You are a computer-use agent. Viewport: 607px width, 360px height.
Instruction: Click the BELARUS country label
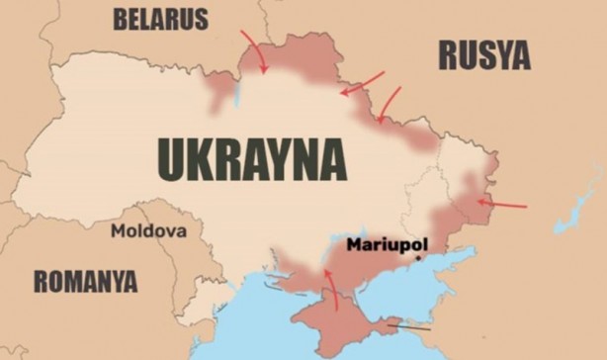pyautogui.click(x=161, y=19)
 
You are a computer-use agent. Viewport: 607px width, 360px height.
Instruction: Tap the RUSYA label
pyautogui.click(x=484, y=55)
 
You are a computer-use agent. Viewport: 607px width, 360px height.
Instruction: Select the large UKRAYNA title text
pyautogui.click(x=252, y=158)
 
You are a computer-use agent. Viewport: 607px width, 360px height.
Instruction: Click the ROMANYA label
pyautogui.click(x=85, y=281)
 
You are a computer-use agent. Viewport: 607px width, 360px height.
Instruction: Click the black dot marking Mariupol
pyautogui.click(x=417, y=257)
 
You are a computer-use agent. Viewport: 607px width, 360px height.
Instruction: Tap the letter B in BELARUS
pyautogui.click(x=122, y=19)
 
